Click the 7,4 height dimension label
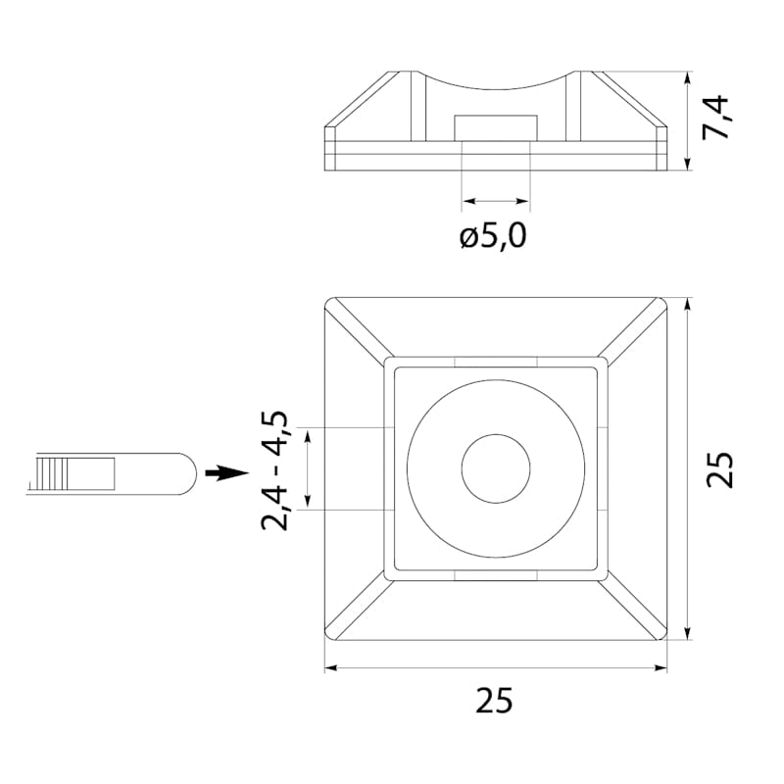(x=715, y=118)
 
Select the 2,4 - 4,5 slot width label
(x=274, y=470)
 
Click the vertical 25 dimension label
(x=718, y=469)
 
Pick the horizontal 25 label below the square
(x=494, y=700)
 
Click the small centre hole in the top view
(x=496, y=468)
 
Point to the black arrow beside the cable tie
(x=227, y=473)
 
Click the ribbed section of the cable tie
(x=53, y=473)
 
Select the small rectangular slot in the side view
(x=496, y=127)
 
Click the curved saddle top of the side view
(x=496, y=82)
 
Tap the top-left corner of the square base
(x=325, y=298)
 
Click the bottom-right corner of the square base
(x=667, y=640)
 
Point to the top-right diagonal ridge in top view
(x=632, y=329)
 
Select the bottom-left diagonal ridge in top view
(x=357, y=609)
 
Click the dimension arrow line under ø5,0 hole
(x=496, y=201)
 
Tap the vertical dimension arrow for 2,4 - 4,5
(x=308, y=469)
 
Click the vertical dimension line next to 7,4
(x=688, y=121)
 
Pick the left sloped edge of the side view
(x=357, y=99)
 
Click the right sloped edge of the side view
(x=634, y=99)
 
